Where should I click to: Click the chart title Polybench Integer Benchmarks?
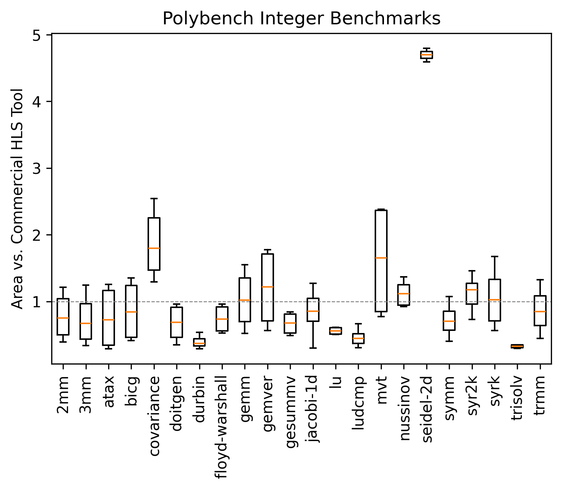point(301,19)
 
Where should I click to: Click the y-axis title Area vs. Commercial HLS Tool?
point(17,199)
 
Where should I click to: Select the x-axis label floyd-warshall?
point(222,427)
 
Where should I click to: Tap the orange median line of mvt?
point(381,258)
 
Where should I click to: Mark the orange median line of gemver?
point(268,287)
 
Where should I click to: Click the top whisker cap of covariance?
point(154,198)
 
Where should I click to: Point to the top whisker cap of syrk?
point(494,256)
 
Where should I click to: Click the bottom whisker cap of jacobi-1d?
point(313,348)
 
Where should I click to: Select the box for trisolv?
point(517,346)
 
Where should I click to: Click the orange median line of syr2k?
point(472,290)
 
